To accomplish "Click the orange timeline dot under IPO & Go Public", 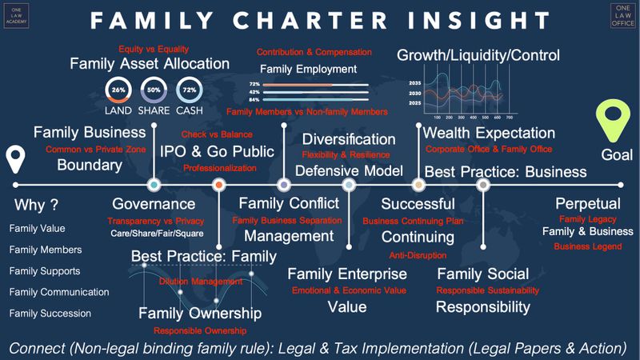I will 218,185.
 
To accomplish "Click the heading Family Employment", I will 308,69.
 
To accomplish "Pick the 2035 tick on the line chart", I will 414,83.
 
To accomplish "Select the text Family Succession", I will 50,314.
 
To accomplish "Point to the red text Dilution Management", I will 201,282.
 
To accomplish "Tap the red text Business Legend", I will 587,246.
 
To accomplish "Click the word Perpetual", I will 587,204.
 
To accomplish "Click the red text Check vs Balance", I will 217,134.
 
